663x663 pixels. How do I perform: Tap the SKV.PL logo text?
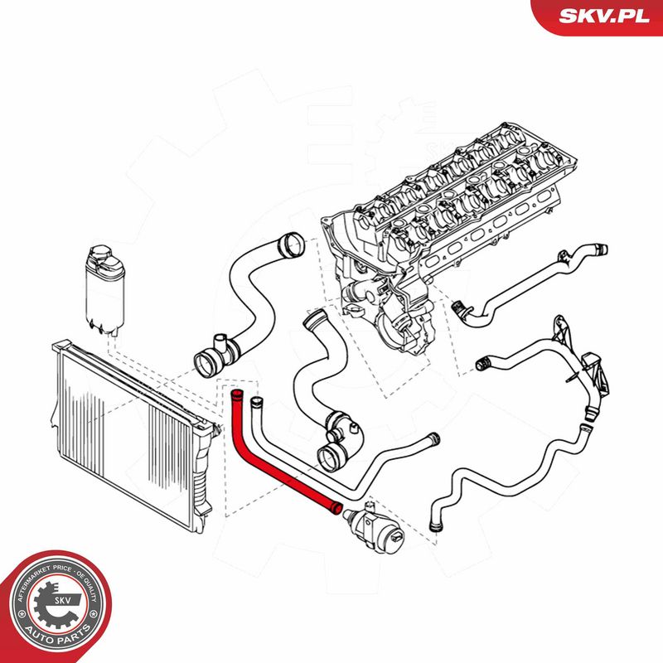tap(604, 16)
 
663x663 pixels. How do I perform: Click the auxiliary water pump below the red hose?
tap(374, 526)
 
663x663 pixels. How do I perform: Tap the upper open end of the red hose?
tap(237, 396)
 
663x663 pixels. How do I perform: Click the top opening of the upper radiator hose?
tap(293, 244)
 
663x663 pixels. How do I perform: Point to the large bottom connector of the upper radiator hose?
tap(207, 364)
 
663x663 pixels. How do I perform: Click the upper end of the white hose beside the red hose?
tap(255, 402)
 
